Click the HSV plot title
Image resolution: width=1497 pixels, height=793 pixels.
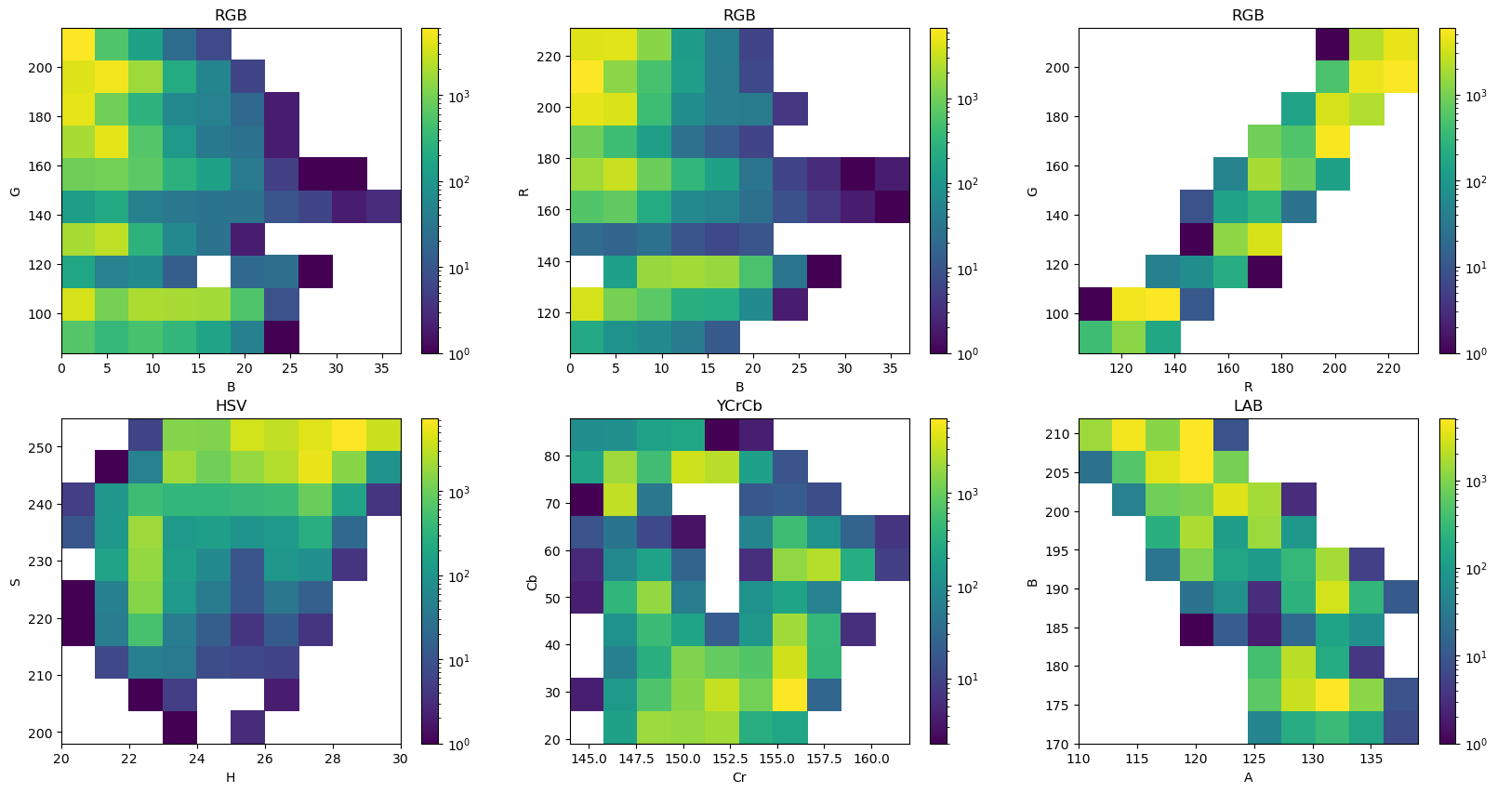click(x=231, y=406)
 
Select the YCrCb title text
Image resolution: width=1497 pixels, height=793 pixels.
click(x=739, y=406)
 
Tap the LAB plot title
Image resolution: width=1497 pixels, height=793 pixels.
click(x=1248, y=406)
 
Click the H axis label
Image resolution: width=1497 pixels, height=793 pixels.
click(x=231, y=777)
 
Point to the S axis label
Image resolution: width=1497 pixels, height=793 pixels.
click(x=15, y=582)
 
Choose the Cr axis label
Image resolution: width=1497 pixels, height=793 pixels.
click(x=739, y=777)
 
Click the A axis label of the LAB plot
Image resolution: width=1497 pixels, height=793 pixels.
click(x=1248, y=777)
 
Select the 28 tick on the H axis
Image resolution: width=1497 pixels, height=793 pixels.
click(x=333, y=759)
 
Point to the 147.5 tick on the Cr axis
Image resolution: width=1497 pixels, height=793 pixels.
click(x=637, y=759)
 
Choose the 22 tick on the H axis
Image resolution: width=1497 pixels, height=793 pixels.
click(x=129, y=759)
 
